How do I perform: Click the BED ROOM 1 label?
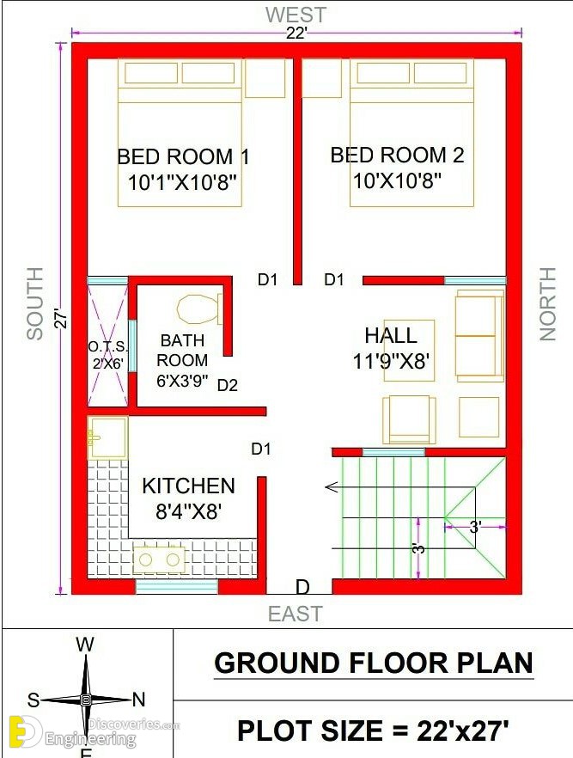pyautogui.click(x=184, y=156)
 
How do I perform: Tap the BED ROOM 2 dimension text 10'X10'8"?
pyautogui.click(x=397, y=181)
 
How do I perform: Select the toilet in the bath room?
pyautogui.click(x=200, y=309)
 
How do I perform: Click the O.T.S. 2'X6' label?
pyautogui.click(x=108, y=355)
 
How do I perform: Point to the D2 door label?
pyautogui.click(x=228, y=385)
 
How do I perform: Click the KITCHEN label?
pyautogui.click(x=188, y=486)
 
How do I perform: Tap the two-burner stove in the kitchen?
pyautogui.click(x=159, y=559)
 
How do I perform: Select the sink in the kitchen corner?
pyautogui.click(x=107, y=438)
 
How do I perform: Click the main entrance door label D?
pyautogui.click(x=302, y=587)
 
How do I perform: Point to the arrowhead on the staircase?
pyautogui.click(x=332, y=486)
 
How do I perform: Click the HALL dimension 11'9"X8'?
pyautogui.click(x=392, y=361)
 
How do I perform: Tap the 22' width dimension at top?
pyautogui.click(x=296, y=34)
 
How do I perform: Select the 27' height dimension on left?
pyautogui.click(x=62, y=319)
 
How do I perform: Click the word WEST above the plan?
pyautogui.click(x=296, y=15)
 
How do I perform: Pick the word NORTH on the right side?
pyautogui.click(x=547, y=304)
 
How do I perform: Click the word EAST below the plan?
pyautogui.click(x=296, y=614)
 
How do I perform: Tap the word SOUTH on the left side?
pyautogui.click(x=34, y=303)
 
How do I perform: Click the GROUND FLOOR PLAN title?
pyautogui.click(x=374, y=663)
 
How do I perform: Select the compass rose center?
pyautogui.click(x=86, y=699)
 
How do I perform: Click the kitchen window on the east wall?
pyautogui.click(x=177, y=587)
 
